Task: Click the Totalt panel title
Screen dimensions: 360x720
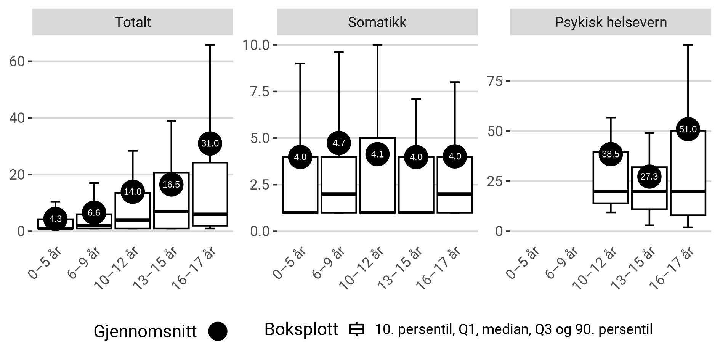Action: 133,22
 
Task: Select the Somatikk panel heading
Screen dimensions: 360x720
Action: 377,22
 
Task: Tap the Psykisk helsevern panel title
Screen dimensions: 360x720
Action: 611,22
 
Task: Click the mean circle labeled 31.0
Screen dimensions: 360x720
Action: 210,143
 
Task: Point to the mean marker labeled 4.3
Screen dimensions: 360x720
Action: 56,219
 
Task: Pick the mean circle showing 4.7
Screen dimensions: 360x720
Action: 339,143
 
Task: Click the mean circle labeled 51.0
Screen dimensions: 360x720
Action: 688,129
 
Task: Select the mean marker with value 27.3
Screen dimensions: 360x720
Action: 649,177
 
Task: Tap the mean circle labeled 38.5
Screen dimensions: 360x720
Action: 611,154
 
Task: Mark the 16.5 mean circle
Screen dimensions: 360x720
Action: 171,185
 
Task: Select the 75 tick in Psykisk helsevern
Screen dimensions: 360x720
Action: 495,81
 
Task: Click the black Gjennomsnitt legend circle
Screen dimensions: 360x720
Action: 218,331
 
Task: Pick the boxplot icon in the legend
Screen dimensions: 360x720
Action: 357,329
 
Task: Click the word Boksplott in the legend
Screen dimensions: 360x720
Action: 301,329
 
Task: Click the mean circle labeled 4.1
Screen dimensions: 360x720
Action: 377,154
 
